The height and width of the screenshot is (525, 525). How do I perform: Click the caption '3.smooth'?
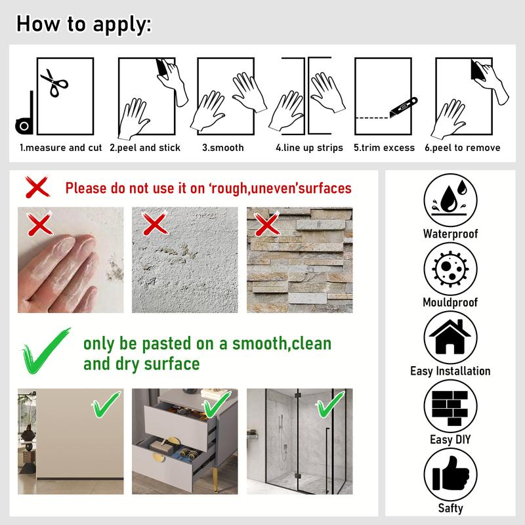222,148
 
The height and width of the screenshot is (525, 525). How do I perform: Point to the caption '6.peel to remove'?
462,148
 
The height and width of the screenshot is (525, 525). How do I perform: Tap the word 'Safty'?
450,508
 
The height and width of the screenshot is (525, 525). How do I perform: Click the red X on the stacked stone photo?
266,226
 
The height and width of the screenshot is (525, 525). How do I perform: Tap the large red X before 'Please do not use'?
38,188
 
